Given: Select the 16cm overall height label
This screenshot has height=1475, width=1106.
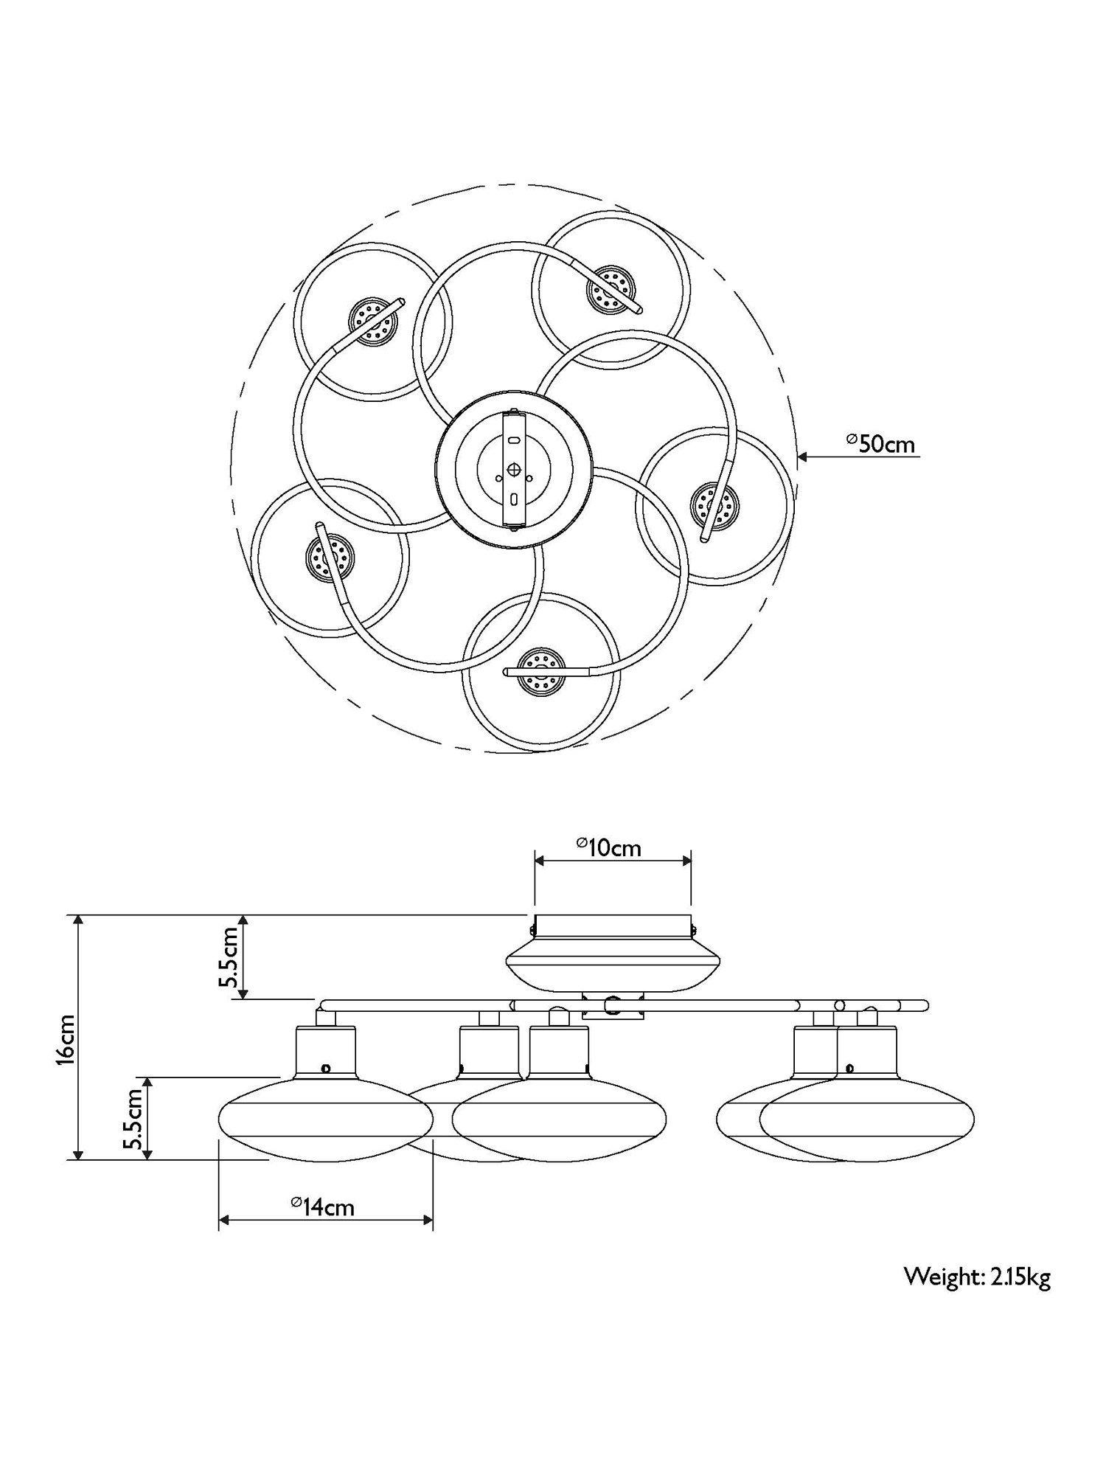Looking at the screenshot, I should (66, 1039).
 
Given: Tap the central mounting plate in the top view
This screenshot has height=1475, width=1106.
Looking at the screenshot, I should (514, 469).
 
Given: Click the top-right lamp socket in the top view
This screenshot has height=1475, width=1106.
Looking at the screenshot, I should (611, 288).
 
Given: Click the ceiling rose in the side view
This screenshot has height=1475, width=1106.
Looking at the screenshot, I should (612, 951).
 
